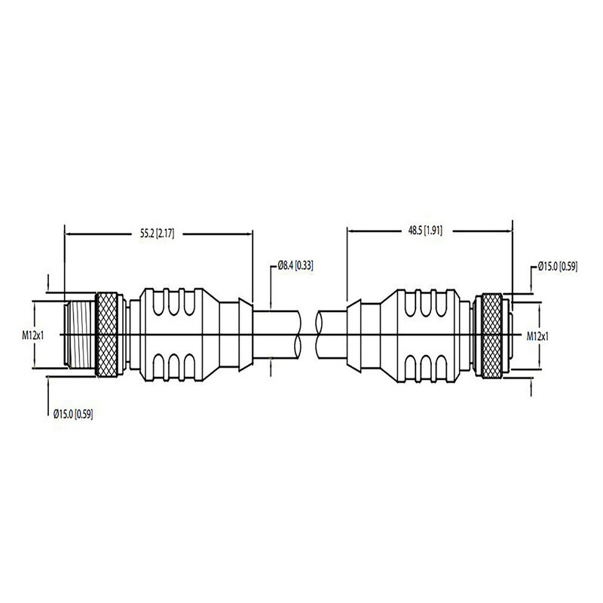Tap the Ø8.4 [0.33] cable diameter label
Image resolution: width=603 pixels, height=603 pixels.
point(295,265)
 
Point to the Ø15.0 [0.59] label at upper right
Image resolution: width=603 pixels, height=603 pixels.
point(558,265)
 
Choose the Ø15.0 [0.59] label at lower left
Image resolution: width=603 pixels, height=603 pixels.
point(73,414)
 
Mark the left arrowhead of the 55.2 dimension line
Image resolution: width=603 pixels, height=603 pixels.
point(69,234)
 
